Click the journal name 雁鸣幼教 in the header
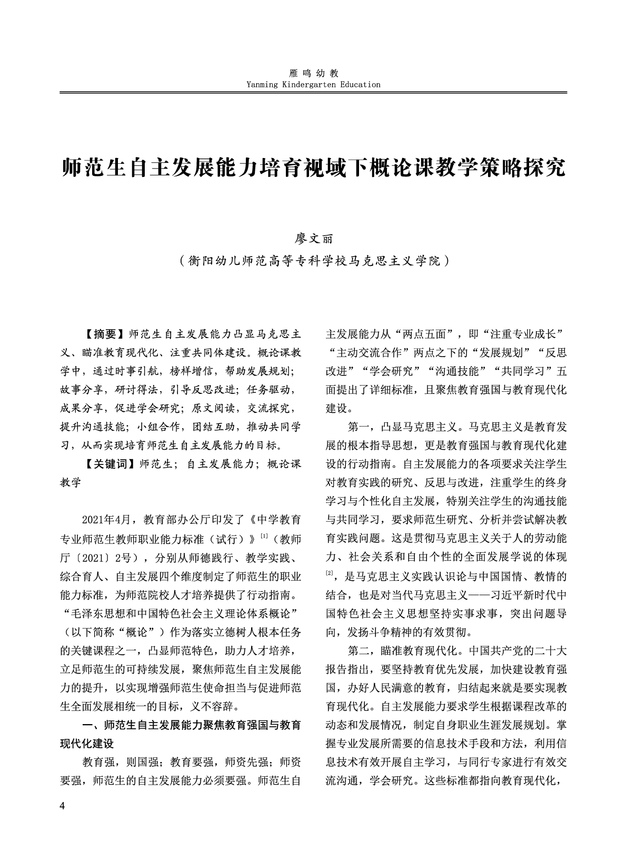(x=314, y=74)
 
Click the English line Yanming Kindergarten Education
(x=314, y=84)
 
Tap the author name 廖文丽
(x=314, y=239)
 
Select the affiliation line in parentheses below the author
(x=314, y=260)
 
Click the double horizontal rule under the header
(x=314, y=93)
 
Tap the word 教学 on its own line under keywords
(x=71, y=482)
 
